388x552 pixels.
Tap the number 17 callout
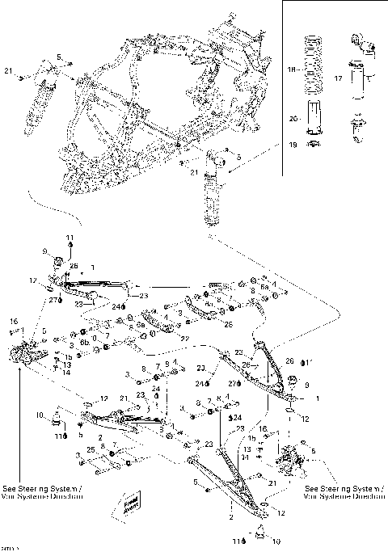[338, 78]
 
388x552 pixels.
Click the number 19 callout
[294, 145]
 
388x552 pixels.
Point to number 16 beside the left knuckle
[13, 321]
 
